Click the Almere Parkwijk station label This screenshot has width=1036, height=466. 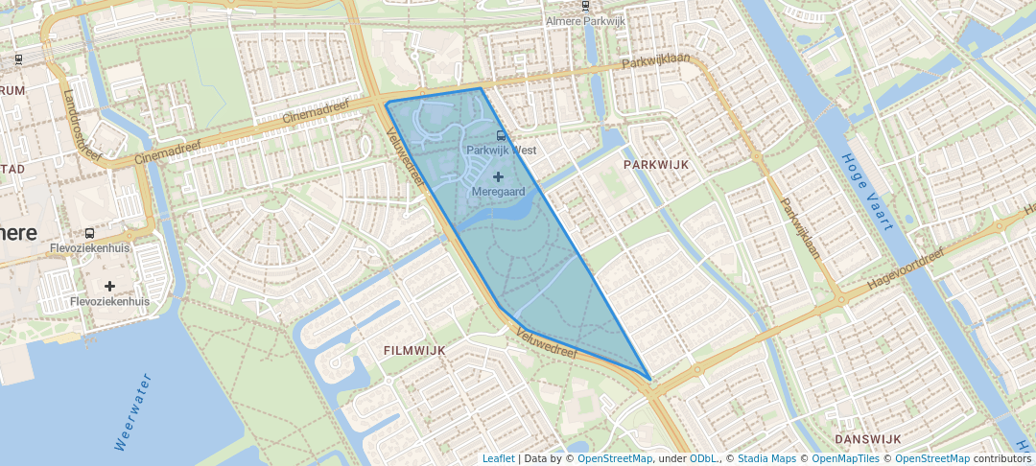(585, 21)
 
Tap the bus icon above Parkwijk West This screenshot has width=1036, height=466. (500, 136)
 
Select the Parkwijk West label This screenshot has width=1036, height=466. (501, 151)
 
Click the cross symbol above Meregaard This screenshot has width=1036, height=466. (498, 176)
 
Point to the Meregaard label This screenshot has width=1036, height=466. (497, 192)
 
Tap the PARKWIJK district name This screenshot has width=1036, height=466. (656, 165)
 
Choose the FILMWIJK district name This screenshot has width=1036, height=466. (413, 350)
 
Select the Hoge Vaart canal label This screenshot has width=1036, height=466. (867, 192)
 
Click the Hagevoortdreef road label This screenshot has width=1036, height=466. (906, 270)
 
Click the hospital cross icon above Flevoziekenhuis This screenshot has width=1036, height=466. (110, 286)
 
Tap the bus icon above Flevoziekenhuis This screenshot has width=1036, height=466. (89, 233)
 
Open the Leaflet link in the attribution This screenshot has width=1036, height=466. (498, 458)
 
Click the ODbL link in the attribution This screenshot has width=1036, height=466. (703, 458)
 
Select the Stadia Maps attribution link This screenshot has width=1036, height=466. (766, 458)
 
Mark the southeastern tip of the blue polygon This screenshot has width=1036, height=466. (650, 380)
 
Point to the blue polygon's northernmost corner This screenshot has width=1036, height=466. (480, 88)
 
